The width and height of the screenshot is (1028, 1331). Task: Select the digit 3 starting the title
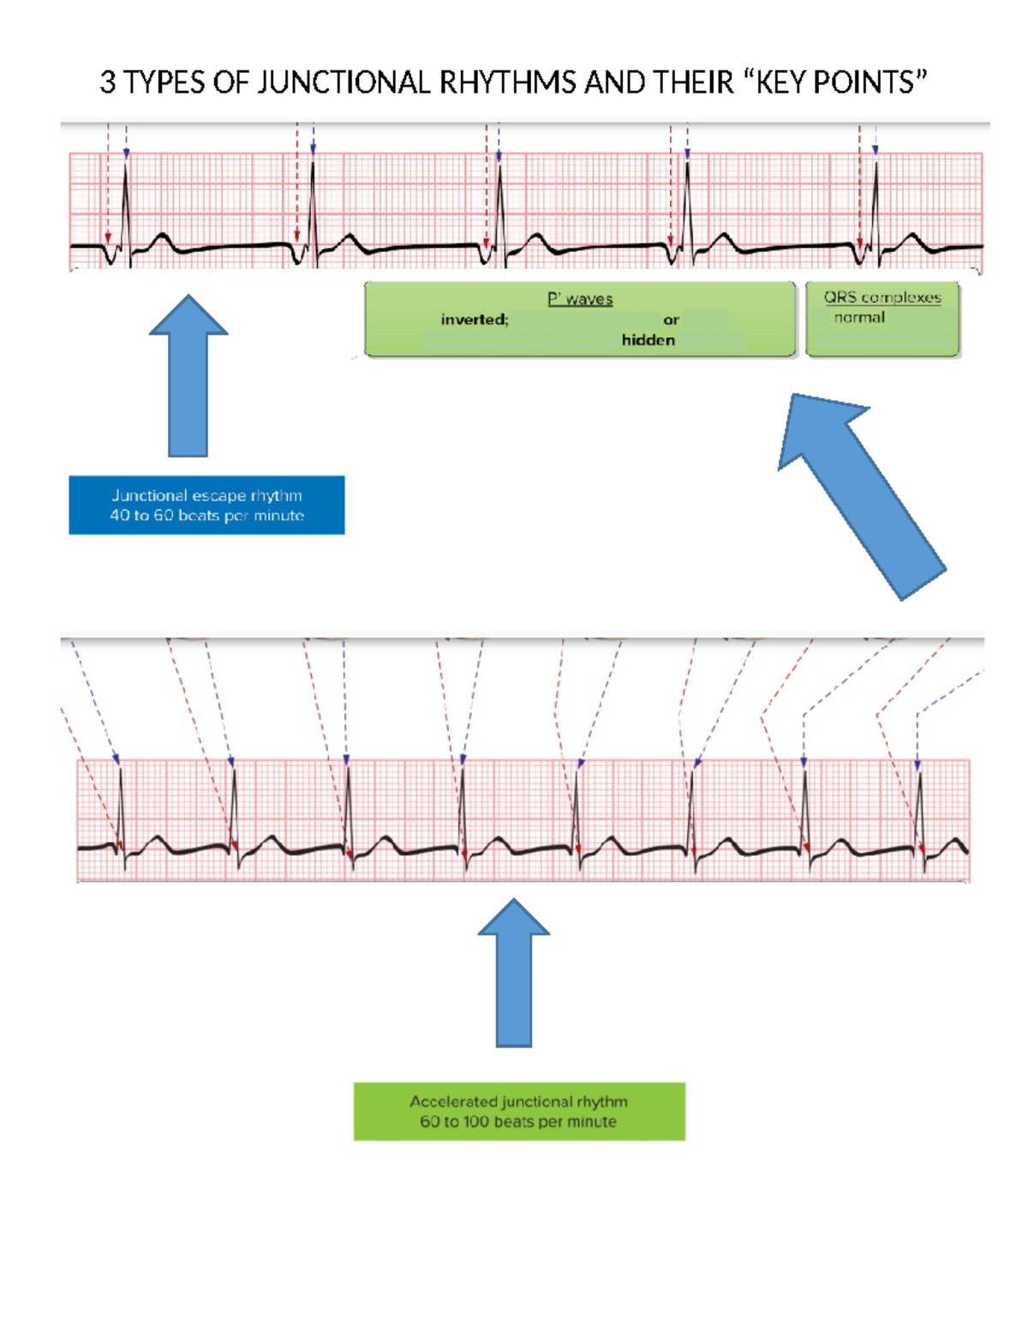click(107, 83)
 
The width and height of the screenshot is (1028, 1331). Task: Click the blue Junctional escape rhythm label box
click(206, 505)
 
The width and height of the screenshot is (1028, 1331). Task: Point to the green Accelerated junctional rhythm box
click(519, 1111)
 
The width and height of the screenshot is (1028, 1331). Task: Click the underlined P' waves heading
click(580, 299)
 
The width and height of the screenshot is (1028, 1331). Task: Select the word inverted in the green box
click(474, 320)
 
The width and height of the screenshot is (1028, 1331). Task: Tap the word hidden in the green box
click(648, 340)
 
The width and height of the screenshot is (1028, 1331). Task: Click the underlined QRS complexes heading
click(882, 297)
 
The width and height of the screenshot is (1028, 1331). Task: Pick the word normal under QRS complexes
click(859, 317)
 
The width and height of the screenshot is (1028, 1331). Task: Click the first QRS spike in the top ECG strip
click(126, 206)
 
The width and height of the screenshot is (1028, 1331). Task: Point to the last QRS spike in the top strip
click(876, 206)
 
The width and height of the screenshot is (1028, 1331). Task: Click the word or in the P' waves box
click(671, 320)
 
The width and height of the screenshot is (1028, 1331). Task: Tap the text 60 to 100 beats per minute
click(517, 1122)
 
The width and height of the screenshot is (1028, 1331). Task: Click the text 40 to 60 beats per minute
click(206, 515)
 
